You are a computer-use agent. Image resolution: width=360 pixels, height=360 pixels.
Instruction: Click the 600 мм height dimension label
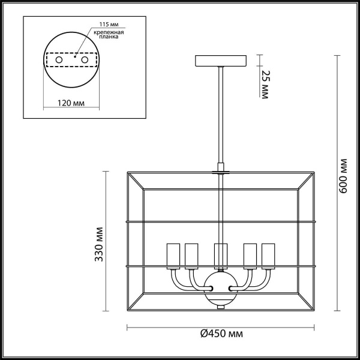(343, 176)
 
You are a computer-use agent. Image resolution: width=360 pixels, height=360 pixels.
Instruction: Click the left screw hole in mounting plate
(59, 61)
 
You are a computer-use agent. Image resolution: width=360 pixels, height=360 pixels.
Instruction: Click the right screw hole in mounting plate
(85, 61)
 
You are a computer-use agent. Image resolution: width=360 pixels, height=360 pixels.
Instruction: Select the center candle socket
(221, 255)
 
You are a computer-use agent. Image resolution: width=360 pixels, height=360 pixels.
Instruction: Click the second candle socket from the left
(191, 255)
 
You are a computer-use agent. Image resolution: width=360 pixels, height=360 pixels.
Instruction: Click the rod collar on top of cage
(221, 172)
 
